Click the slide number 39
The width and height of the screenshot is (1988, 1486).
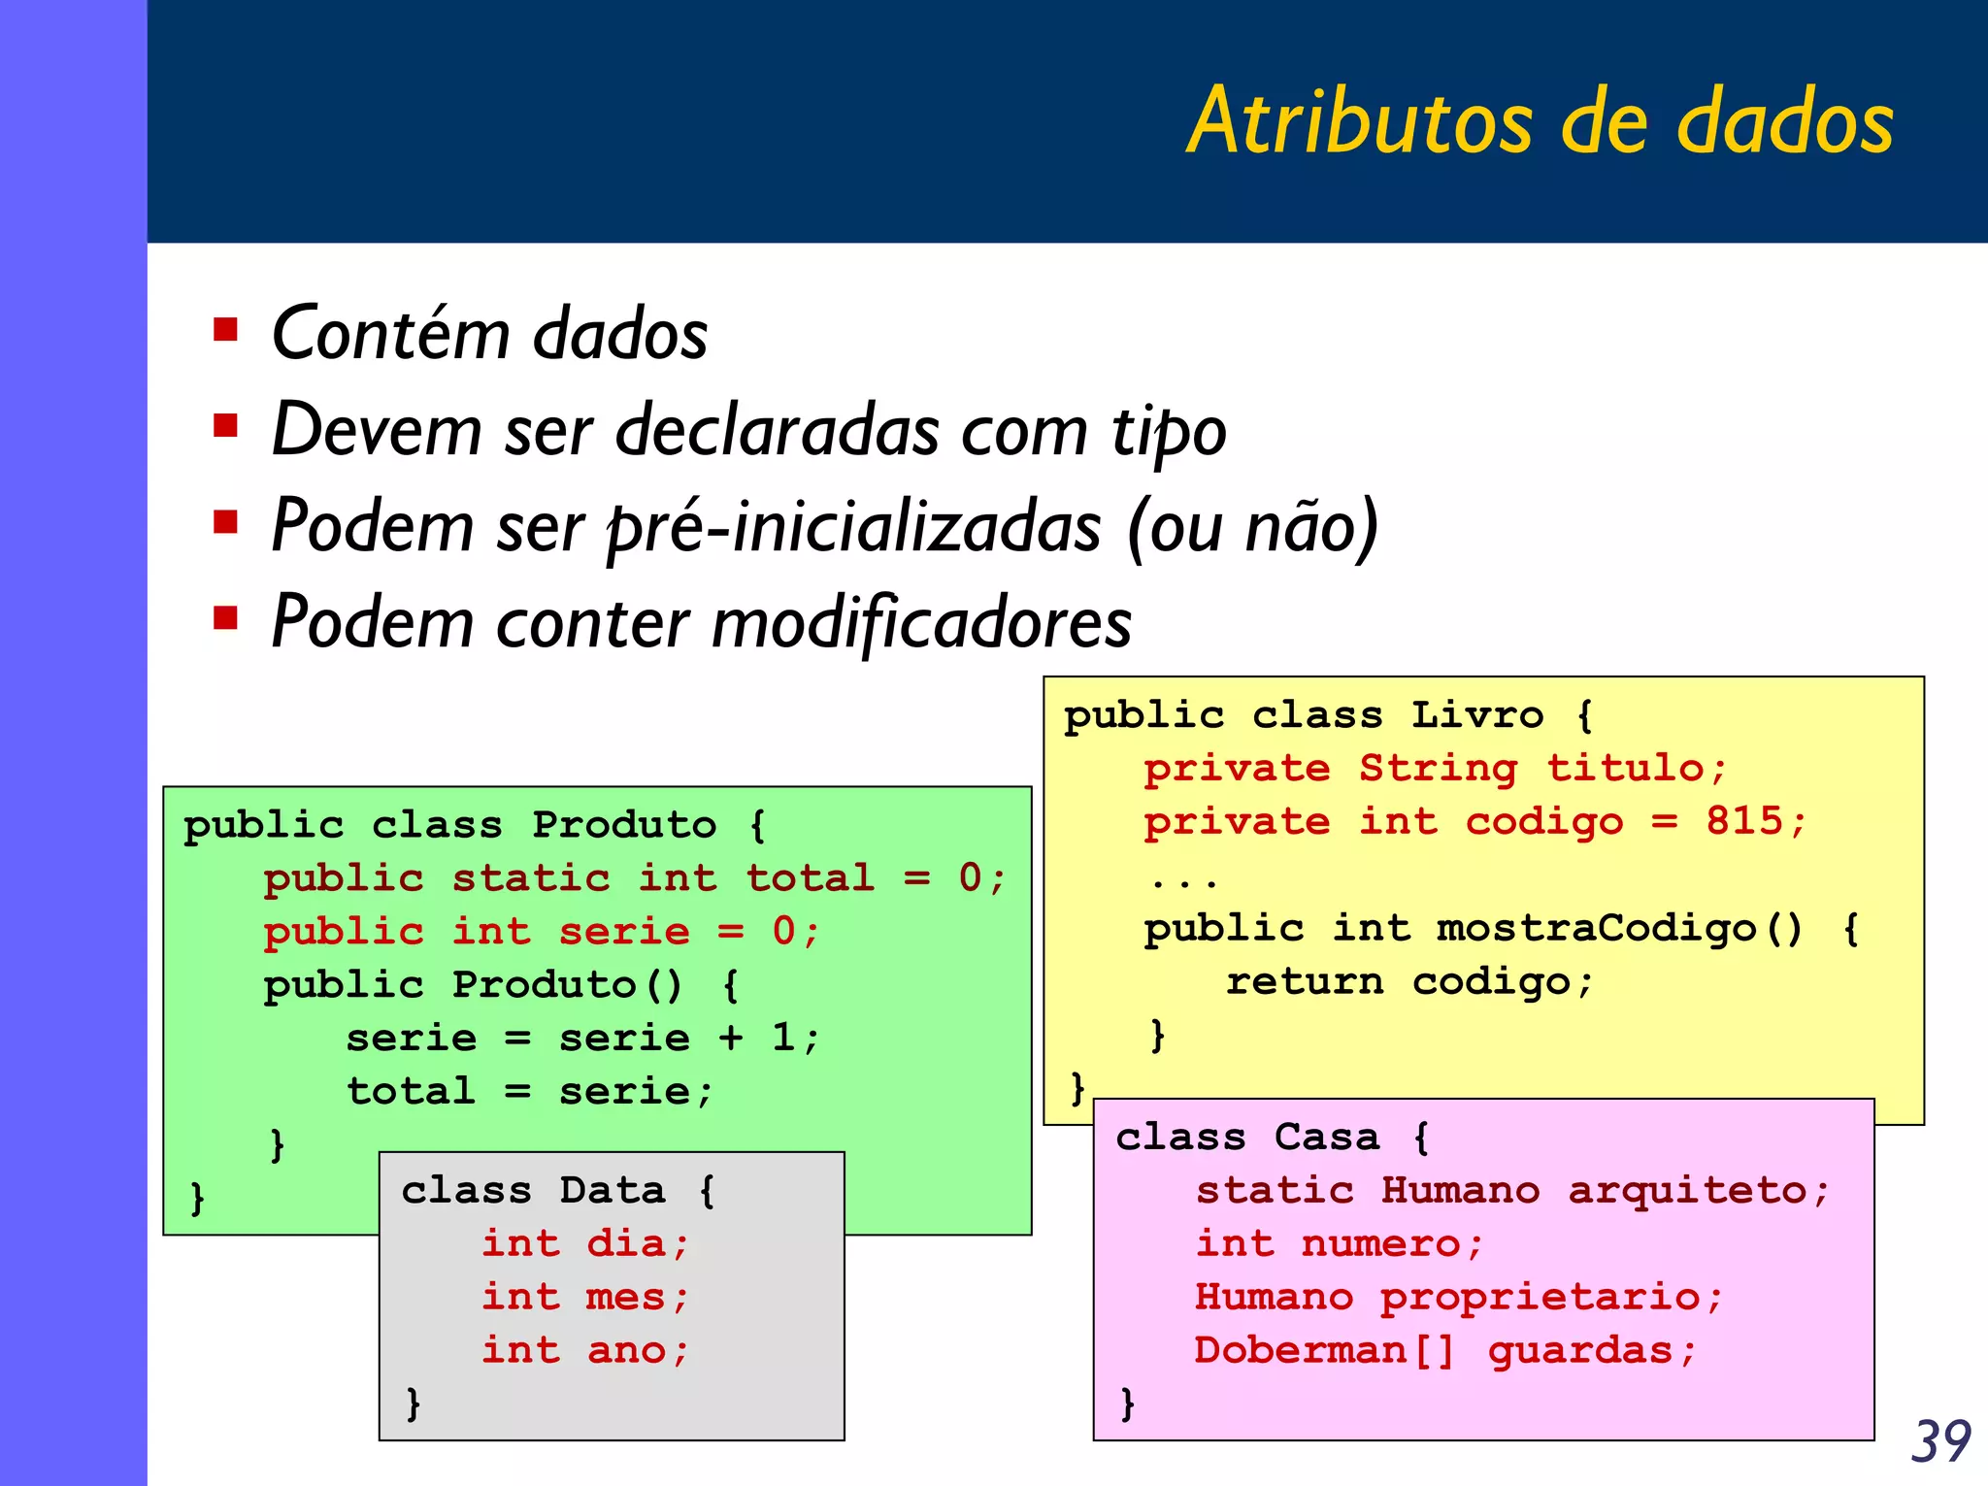pos(1940,1441)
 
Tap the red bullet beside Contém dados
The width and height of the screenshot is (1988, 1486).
pos(226,331)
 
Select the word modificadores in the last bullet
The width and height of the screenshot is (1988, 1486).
pos(921,622)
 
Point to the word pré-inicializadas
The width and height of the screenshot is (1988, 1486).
pos(853,527)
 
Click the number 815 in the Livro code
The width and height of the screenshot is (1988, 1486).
pos(1744,821)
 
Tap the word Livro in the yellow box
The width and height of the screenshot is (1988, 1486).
pos(1476,715)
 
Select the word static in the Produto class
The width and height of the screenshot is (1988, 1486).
pos(531,877)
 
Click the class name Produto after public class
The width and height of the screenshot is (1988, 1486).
pos(624,825)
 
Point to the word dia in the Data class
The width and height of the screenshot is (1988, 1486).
pos(626,1243)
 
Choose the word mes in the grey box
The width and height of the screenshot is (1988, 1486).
pos(626,1297)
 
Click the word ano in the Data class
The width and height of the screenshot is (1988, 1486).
pos(626,1350)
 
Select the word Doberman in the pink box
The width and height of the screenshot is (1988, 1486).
pos(1301,1350)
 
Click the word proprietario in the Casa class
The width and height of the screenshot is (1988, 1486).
pos(1540,1298)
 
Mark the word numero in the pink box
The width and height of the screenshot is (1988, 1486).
pos(1380,1243)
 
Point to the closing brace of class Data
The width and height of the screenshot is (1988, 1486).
pos(414,1403)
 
